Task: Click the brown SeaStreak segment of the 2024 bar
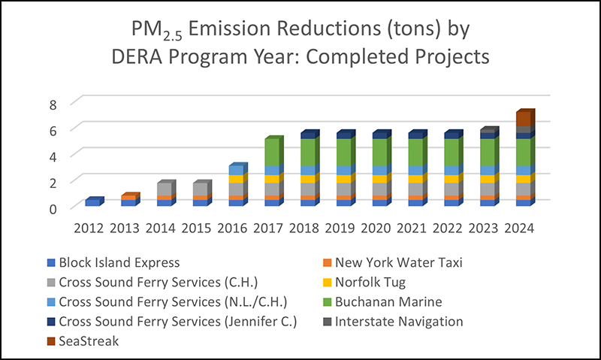pyautogui.click(x=524, y=119)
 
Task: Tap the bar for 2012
pyautogui.click(x=92, y=202)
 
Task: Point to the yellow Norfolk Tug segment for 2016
pyautogui.click(x=237, y=179)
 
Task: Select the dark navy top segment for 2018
pyautogui.click(x=308, y=135)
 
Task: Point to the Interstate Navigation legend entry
pyautogui.click(x=399, y=321)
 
